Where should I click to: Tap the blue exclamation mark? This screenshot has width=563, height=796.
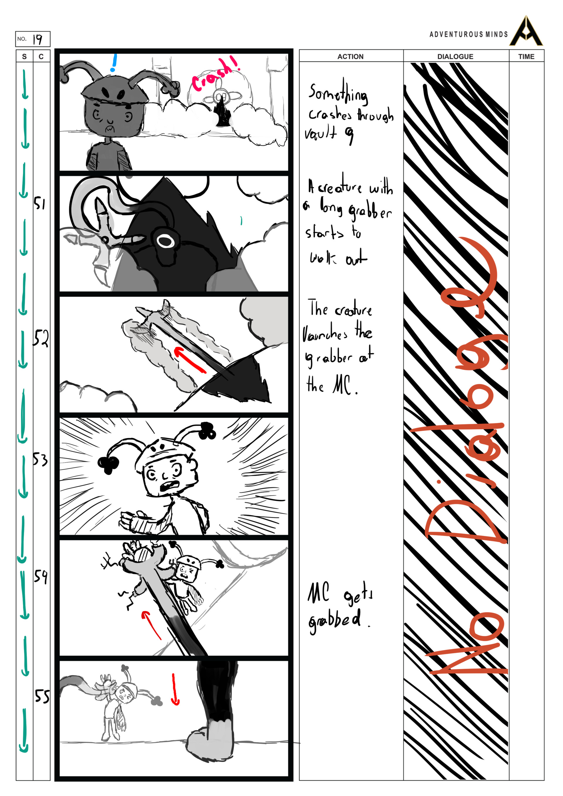[113, 63]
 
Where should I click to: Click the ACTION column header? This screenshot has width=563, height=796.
[350, 57]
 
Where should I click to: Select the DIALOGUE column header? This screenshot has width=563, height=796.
[455, 57]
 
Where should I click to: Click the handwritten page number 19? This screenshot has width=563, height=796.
[38, 39]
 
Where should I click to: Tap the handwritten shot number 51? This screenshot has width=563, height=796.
[40, 203]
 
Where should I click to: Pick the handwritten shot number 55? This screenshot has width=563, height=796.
[42, 696]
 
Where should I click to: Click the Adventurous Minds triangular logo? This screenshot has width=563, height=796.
[526, 32]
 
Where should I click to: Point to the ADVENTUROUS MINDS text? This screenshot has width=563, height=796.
[468, 34]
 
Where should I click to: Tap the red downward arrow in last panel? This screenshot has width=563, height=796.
[175, 690]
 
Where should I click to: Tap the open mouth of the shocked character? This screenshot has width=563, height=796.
[169, 485]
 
